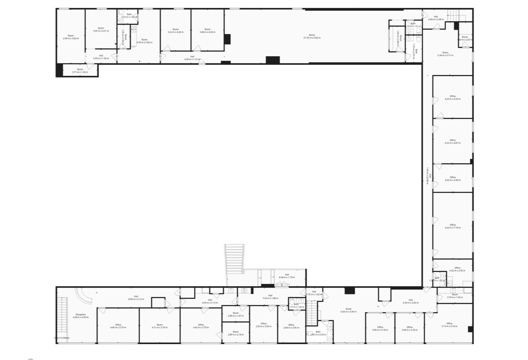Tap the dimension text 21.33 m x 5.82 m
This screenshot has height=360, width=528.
(x=312, y=38)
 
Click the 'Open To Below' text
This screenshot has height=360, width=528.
(x=62, y=338)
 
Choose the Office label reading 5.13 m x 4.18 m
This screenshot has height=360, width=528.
(x=449, y=326)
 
